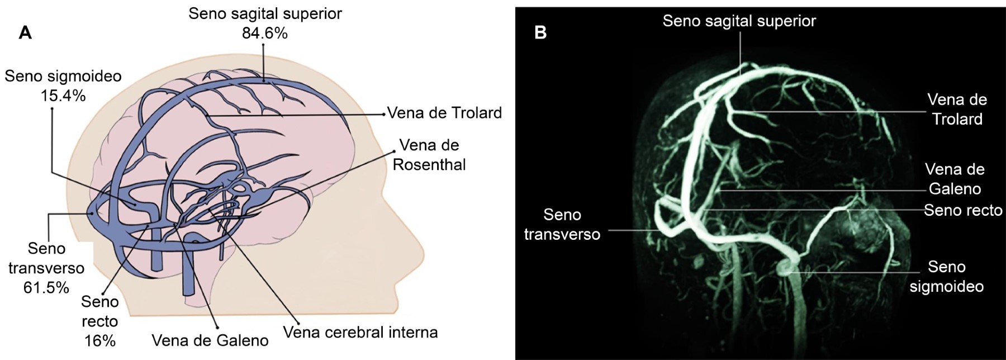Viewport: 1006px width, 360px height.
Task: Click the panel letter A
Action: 25,33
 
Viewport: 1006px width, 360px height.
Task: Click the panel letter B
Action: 540,33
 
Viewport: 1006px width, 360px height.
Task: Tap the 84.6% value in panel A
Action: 264,34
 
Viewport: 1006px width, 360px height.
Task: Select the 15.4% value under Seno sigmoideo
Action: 63,96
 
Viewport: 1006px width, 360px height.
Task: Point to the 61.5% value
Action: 46,287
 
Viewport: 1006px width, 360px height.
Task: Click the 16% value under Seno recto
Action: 99,340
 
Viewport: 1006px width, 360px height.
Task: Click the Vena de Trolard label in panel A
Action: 444,113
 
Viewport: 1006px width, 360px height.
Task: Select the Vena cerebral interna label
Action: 360,332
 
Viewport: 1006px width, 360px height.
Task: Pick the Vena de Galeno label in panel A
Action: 210,340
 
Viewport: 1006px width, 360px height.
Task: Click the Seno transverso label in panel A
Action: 46,258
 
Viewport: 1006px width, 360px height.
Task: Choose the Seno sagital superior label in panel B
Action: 739,21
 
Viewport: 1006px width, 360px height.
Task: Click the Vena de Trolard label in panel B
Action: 957,110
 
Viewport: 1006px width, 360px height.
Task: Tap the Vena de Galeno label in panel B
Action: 955,179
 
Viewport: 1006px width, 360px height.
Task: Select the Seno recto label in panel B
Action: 963,210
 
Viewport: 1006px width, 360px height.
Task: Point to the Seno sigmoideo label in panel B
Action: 947,277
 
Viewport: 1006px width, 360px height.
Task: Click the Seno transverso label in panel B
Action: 562,224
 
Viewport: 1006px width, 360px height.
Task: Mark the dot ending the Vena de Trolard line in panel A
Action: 385,114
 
